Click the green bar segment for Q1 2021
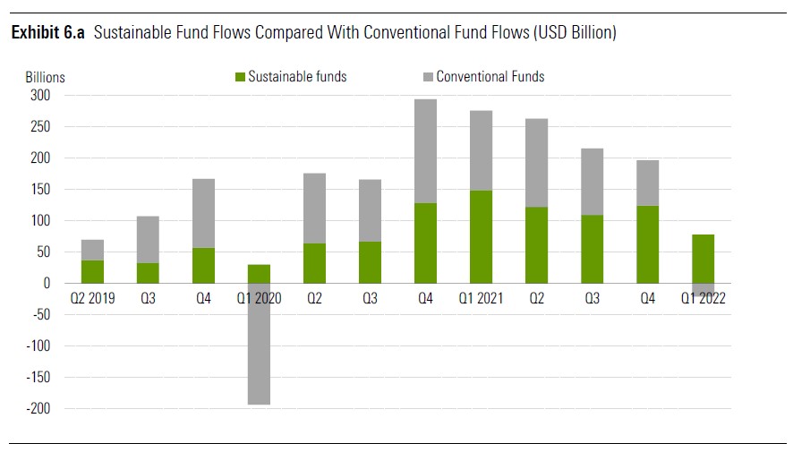[x=481, y=236]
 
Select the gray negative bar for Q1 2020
[x=260, y=344]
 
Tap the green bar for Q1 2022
[x=702, y=259]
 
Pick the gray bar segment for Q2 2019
[x=93, y=250]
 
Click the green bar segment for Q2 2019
[x=93, y=271]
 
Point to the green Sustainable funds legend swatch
[x=240, y=77]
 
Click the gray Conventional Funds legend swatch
[x=428, y=77]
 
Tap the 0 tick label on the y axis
[x=46, y=283]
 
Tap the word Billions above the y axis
[x=45, y=78]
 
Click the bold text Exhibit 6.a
[x=47, y=33]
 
